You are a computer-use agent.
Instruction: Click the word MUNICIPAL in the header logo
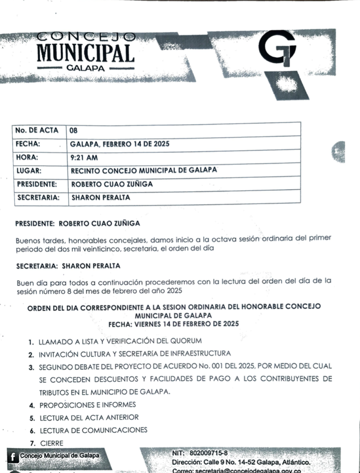(85, 53)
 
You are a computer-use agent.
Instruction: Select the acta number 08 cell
(73, 131)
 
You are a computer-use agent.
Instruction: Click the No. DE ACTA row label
(37, 130)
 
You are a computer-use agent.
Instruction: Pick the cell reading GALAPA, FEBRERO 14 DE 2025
(120, 144)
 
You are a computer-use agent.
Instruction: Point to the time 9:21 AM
(84, 157)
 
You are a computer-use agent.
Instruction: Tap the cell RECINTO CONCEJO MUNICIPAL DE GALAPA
(144, 170)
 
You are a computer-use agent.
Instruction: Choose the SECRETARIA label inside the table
(38, 197)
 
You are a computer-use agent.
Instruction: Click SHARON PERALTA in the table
(100, 197)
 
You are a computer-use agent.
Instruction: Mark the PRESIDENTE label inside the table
(37, 184)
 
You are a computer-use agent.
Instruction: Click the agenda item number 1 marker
(31, 342)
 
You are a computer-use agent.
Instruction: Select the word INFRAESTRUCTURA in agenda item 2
(195, 354)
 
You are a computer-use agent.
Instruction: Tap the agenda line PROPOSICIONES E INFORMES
(87, 405)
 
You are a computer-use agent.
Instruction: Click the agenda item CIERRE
(51, 443)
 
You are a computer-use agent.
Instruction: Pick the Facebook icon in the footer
(13, 457)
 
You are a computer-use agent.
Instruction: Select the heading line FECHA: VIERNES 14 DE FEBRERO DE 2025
(173, 324)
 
